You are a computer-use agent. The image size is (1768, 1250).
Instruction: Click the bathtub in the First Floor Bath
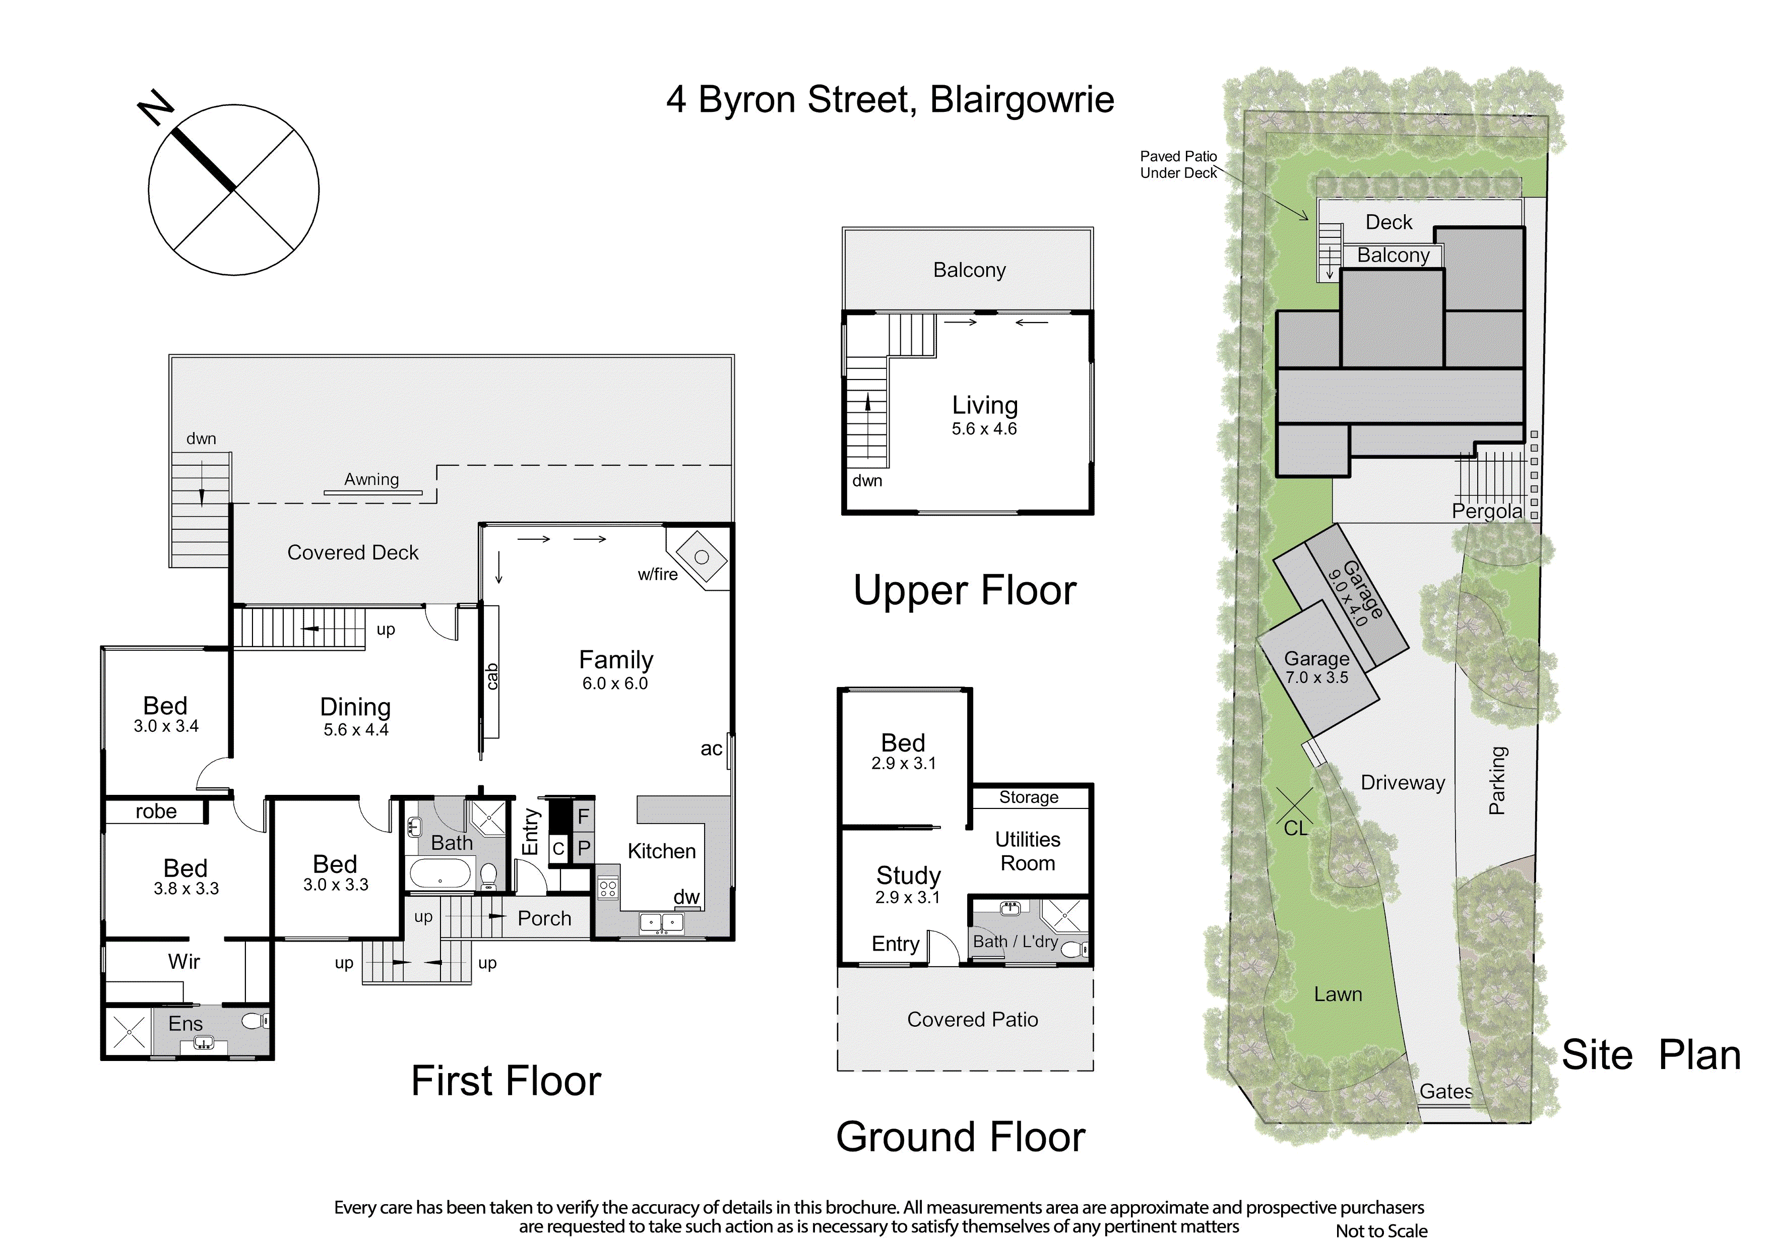coord(439,874)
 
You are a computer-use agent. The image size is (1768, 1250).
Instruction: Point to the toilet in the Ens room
coord(255,1021)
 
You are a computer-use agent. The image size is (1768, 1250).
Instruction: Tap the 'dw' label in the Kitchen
coord(686,897)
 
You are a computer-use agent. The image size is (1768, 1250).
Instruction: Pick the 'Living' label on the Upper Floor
coord(985,405)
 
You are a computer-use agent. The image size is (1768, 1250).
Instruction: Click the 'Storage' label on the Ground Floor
coord(1029,797)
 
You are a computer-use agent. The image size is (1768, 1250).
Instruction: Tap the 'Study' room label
coord(909,875)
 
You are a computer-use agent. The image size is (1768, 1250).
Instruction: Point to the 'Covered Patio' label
coord(973,1019)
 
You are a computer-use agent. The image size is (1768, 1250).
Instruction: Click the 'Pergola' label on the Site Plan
coord(1487,512)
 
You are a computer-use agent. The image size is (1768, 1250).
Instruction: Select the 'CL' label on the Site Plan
coord(1296,828)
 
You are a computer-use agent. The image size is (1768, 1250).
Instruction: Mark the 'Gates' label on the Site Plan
coord(1446,1091)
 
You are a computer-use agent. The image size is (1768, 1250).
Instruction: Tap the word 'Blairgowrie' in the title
coord(1022,100)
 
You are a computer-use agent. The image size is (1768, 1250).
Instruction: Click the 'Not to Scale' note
coord(1381,1231)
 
